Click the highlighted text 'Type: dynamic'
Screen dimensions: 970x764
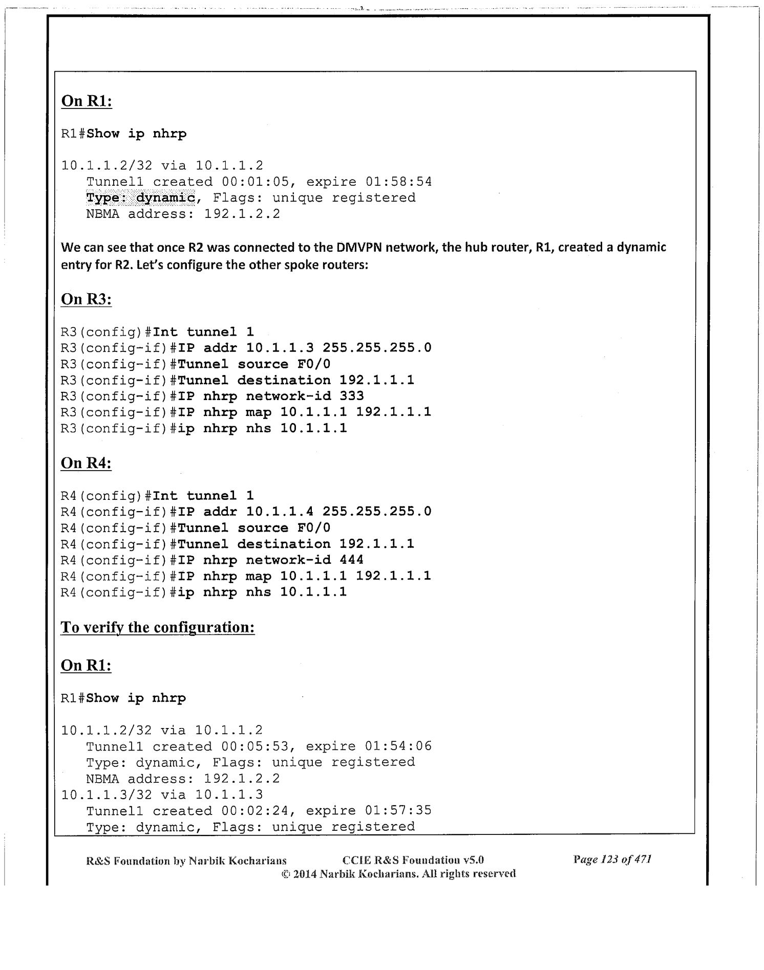point(140,197)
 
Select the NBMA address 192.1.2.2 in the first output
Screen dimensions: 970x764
point(242,213)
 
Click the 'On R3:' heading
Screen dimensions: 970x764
point(86,299)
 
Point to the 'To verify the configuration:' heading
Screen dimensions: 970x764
point(158,627)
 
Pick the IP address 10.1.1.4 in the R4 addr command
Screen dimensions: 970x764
point(280,511)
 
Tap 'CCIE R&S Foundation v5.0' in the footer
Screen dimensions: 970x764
point(413,859)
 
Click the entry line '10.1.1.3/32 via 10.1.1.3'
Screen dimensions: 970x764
point(162,794)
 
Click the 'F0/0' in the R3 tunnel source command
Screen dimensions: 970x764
point(313,364)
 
